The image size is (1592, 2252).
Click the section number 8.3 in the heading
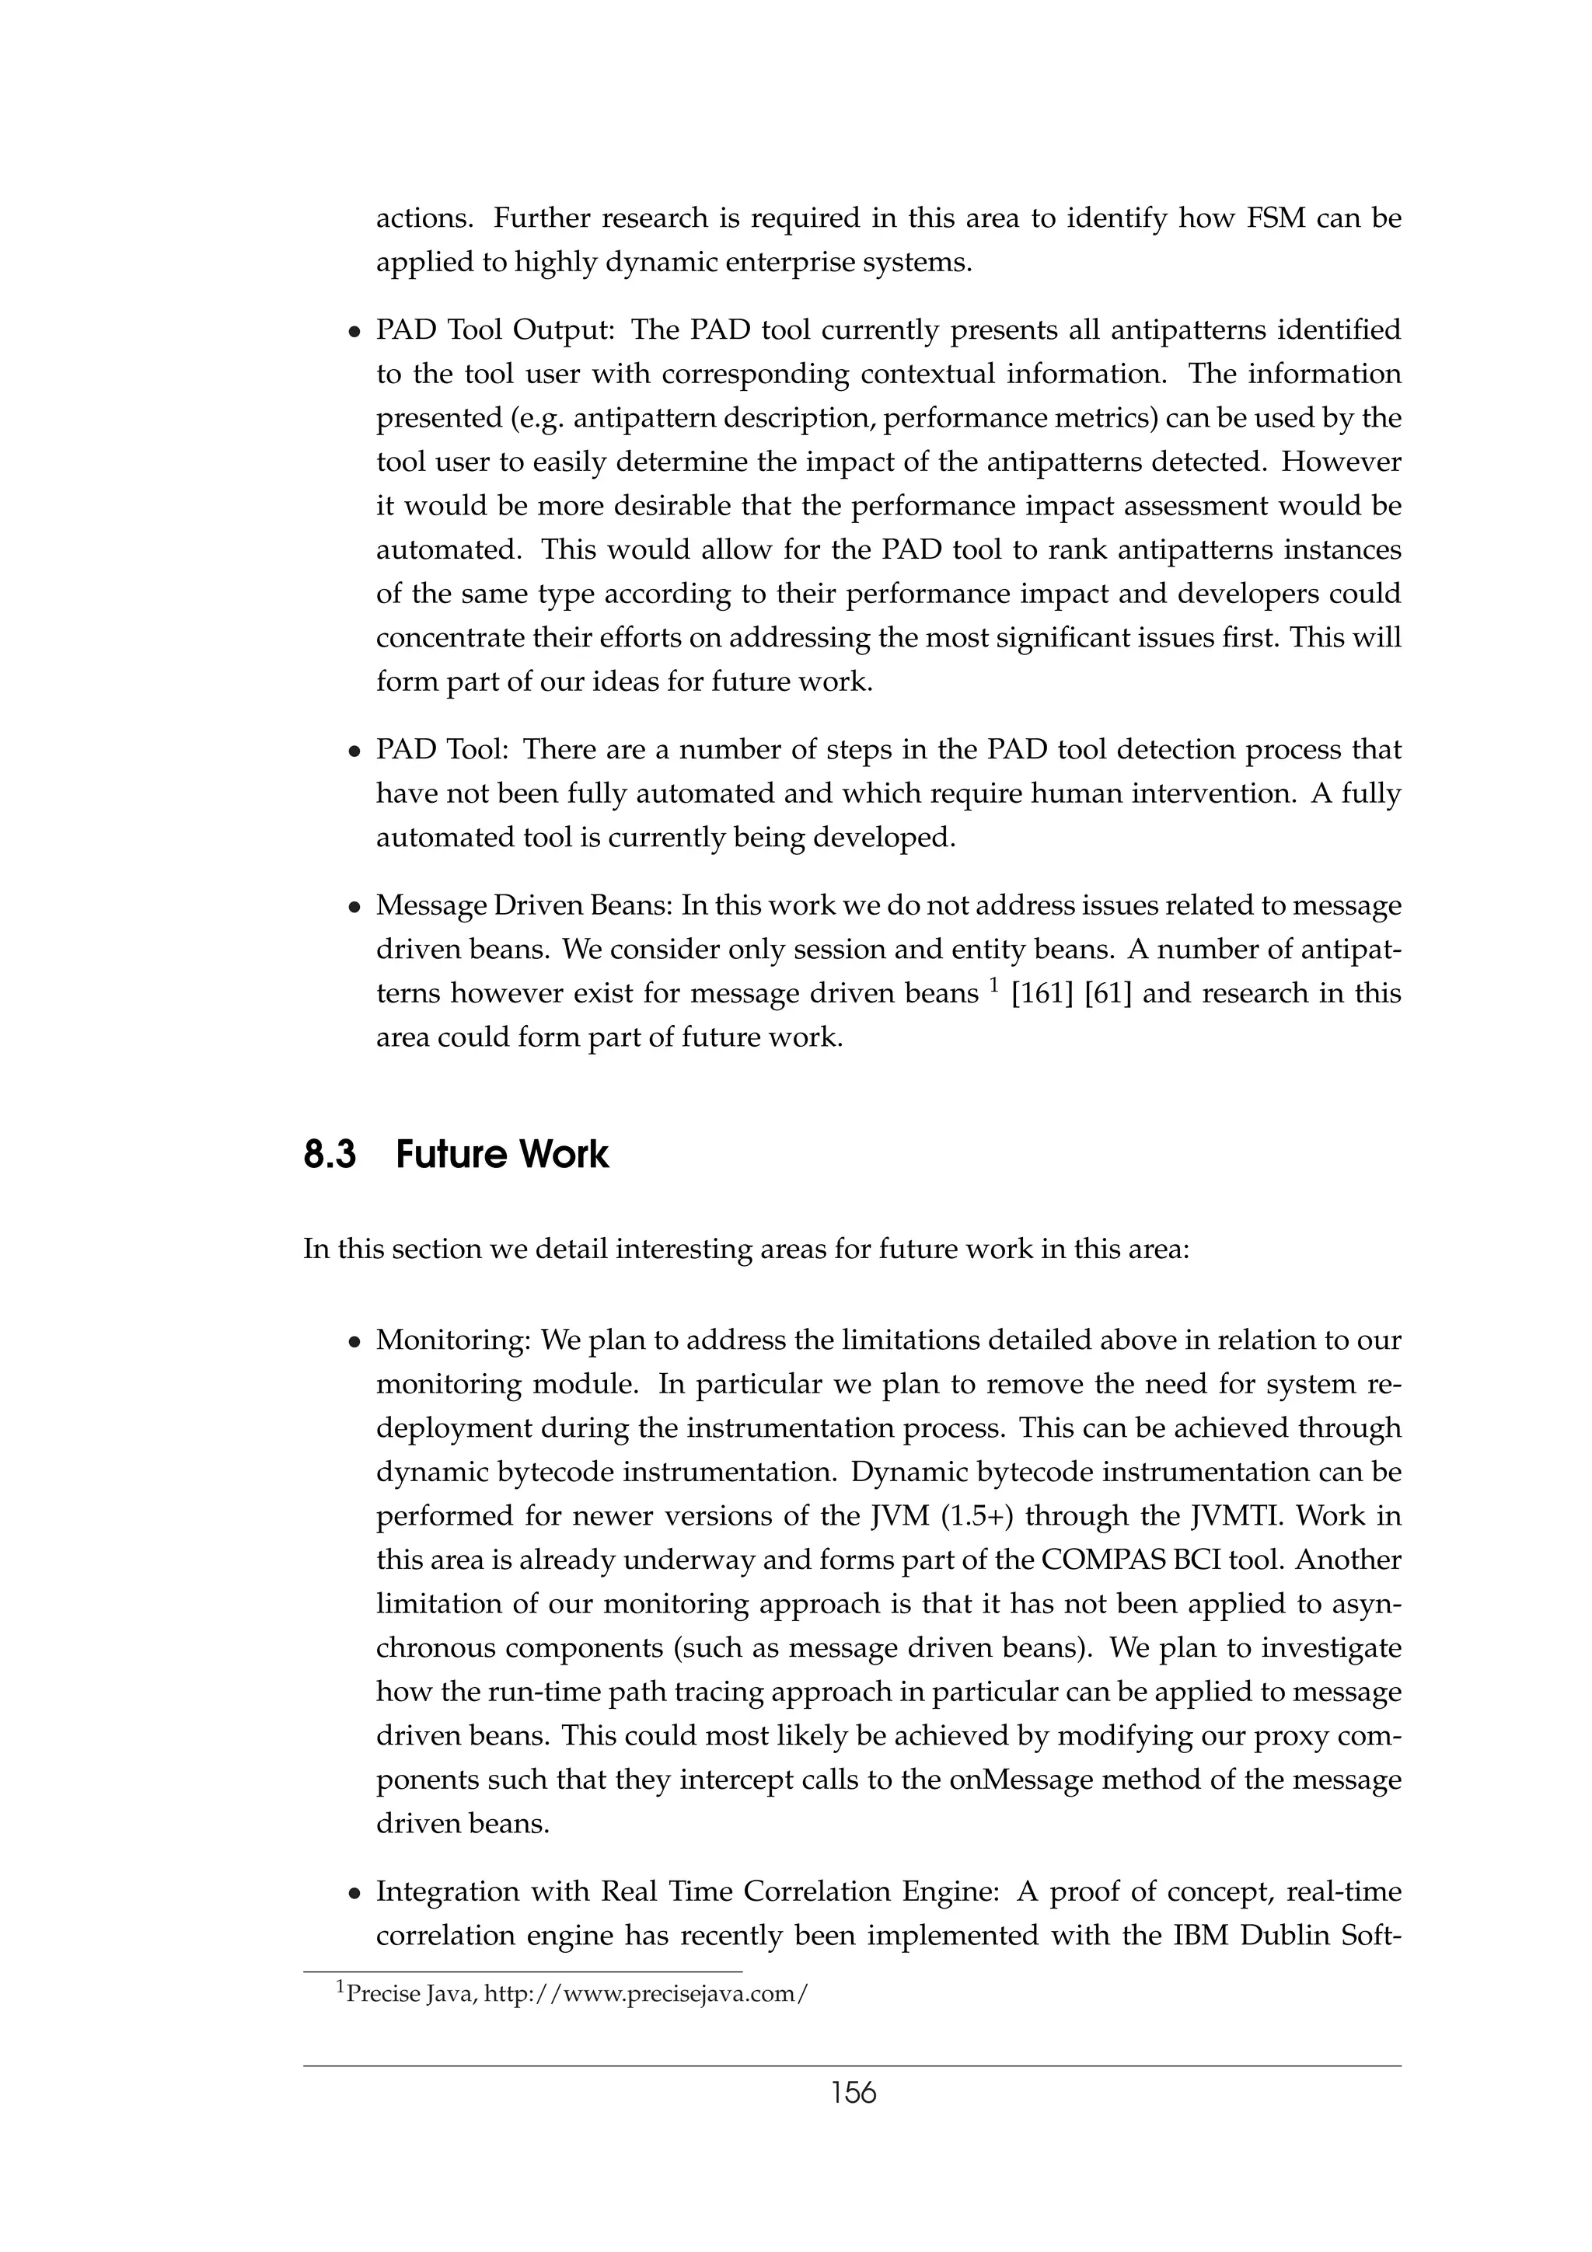330,1155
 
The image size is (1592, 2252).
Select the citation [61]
1108,994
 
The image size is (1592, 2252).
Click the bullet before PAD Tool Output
355,333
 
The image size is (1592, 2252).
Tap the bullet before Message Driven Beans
355,908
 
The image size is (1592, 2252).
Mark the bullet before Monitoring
355,1343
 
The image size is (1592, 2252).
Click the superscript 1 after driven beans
992,985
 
